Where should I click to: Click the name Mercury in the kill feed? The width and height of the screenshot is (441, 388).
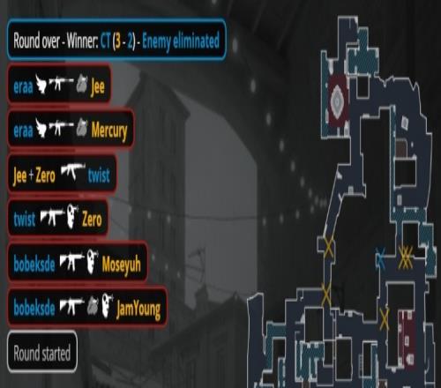109,131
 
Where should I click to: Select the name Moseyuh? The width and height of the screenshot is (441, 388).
121,264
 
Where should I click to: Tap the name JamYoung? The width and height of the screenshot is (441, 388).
138,310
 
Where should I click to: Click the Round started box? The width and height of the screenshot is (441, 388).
42,352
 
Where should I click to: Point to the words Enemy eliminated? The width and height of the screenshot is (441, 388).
181,41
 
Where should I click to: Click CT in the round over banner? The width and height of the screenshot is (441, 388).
105,41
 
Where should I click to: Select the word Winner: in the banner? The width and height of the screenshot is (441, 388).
82,41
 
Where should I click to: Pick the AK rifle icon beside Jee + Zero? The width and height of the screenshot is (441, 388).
73,171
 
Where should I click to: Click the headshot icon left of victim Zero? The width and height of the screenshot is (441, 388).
72,217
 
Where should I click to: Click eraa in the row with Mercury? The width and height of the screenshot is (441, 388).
23,131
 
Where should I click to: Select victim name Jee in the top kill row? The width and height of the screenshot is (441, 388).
98,86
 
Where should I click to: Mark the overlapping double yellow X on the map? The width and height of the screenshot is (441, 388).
406,257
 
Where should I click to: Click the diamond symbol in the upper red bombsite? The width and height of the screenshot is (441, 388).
337,101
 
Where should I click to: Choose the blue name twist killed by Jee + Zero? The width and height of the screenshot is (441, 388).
99,175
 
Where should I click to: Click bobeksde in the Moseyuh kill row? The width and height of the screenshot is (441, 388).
34,264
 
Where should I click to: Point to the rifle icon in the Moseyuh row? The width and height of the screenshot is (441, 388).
72,261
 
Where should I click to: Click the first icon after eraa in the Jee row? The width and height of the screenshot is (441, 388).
41,84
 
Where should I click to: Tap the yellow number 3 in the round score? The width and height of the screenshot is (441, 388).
117,41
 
